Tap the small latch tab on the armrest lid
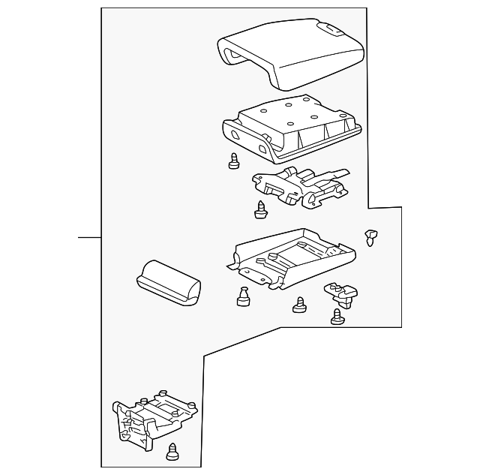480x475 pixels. pyautogui.click(x=331, y=29)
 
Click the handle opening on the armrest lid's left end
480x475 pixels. pyautogui.click(x=233, y=54)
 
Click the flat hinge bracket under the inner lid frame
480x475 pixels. pyautogui.click(x=300, y=188)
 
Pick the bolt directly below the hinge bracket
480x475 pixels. pyautogui.click(x=262, y=211)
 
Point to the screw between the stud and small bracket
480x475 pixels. pyautogui.click(x=300, y=305)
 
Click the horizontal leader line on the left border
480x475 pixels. pyautogui.click(x=89, y=237)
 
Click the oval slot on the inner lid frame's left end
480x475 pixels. pyautogui.click(x=235, y=134)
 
